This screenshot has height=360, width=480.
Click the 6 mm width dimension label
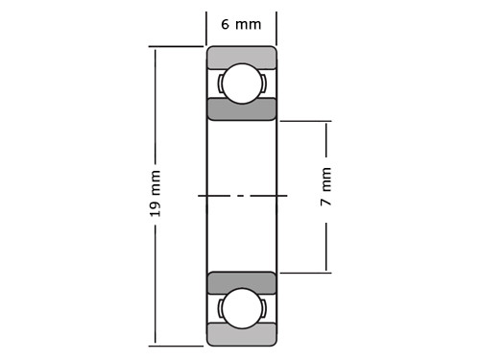pyautogui.click(x=241, y=24)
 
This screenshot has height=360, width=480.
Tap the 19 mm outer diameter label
pyautogui.click(x=156, y=194)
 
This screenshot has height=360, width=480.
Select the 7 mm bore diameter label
pyautogui.click(x=325, y=186)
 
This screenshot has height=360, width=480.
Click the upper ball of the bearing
pyautogui.click(x=242, y=84)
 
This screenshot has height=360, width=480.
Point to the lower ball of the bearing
pyautogui.click(x=242, y=308)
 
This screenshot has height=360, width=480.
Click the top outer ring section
pyautogui.click(x=242, y=58)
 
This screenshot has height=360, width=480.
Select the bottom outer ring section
pyautogui.click(x=242, y=334)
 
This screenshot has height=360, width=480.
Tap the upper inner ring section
pyautogui.click(x=242, y=109)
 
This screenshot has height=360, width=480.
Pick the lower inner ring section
pyautogui.click(x=242, y=283)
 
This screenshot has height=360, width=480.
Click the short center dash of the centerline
pyautogui.click(x=241, y=195)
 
